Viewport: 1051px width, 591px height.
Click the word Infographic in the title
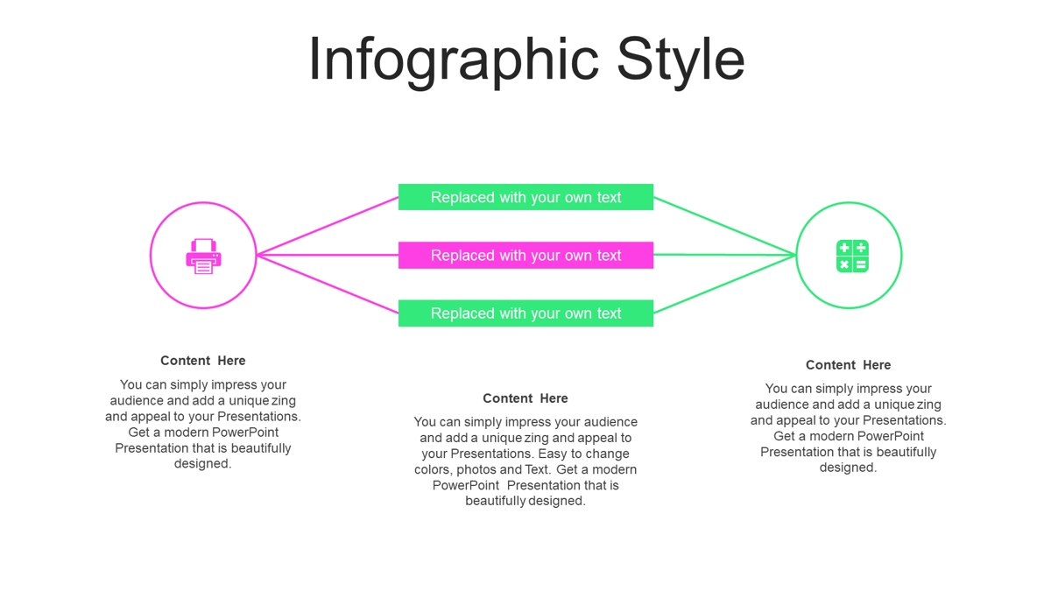pos(454,61)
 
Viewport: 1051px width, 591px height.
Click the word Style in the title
pos(681,61)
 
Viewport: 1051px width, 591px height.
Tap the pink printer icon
pos(203,256)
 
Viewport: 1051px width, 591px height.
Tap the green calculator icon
pos(852,256)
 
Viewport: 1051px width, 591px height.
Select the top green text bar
pos(525,197)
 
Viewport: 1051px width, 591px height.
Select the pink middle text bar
pos(525,255)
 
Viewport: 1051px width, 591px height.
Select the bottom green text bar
pos(525,313)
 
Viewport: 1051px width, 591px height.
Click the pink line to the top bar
pos(328,226)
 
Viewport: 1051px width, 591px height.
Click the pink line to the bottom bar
pos(328,284)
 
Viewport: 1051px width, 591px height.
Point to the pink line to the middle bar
pos(328,255)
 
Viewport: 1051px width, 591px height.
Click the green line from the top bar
pos(725,226)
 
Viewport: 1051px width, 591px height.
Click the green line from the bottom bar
pos(725,284)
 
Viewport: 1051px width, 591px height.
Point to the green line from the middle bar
pos(725,255)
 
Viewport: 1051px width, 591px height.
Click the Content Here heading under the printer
pos(202,361)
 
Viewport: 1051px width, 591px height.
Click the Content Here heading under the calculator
pos(849,365)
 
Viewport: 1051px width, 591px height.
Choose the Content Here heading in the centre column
pos(525,398)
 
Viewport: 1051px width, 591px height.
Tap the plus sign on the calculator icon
pos(843,248)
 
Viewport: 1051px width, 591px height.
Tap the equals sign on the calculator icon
pos(861,265)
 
